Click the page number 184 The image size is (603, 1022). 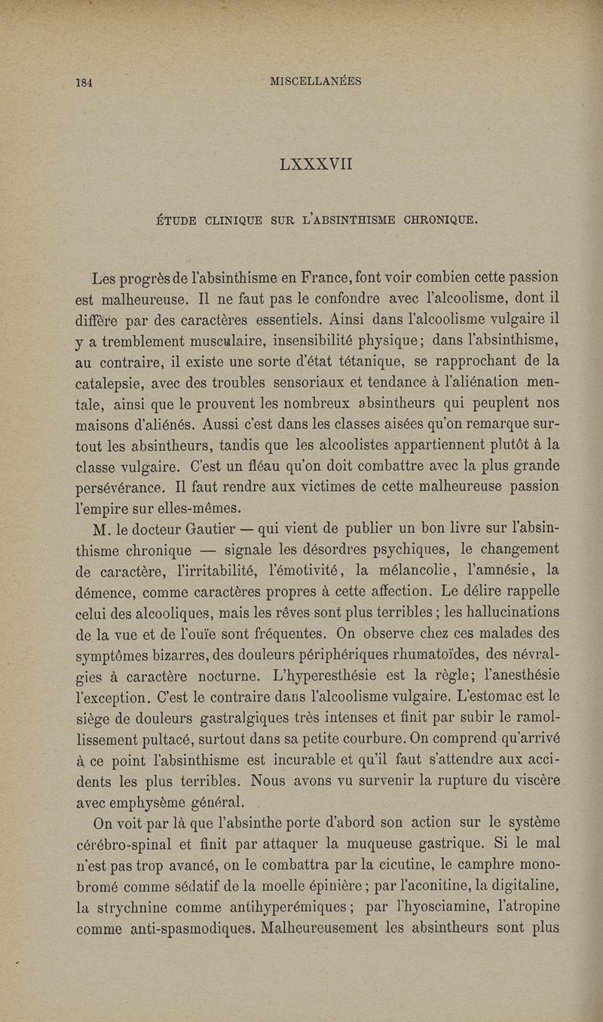tap(83, 82)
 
